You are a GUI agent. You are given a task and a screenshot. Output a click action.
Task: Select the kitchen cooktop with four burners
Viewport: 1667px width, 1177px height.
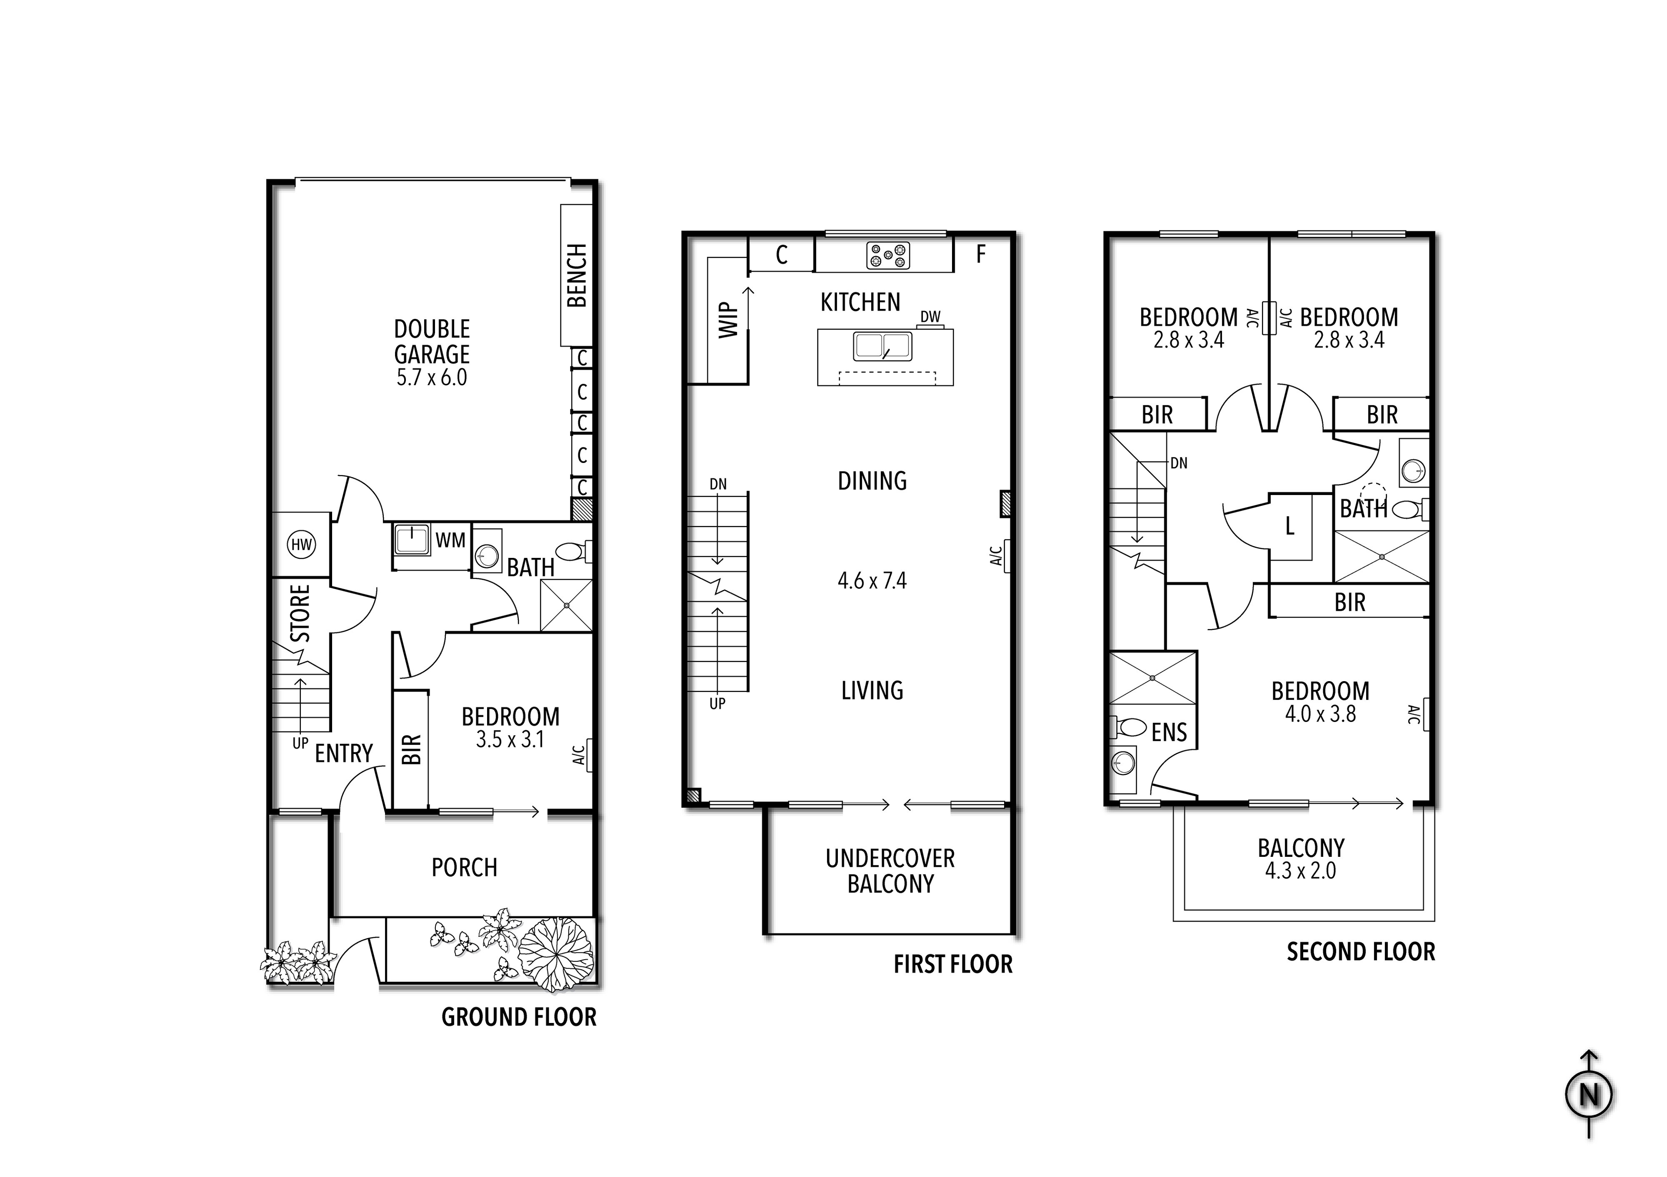(888, 256)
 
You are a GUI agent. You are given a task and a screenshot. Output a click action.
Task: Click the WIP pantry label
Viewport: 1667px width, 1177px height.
(728, 321)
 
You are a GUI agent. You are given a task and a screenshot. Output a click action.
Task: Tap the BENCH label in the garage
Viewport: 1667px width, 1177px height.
(577, 276)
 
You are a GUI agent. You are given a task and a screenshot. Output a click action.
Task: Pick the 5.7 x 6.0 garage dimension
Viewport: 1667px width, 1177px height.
(432, 377)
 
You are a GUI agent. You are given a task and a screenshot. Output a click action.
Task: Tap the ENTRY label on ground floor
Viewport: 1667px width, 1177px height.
(343, 753)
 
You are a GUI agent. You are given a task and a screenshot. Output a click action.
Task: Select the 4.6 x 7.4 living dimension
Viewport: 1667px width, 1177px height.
(872, 580)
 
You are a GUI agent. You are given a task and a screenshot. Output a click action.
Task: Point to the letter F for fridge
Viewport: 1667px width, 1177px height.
(981, 254)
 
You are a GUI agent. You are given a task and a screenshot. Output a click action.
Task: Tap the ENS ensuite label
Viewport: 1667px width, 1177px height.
(1169, 732)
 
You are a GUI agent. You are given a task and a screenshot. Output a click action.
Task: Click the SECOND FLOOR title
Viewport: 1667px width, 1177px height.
(1361, 951)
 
